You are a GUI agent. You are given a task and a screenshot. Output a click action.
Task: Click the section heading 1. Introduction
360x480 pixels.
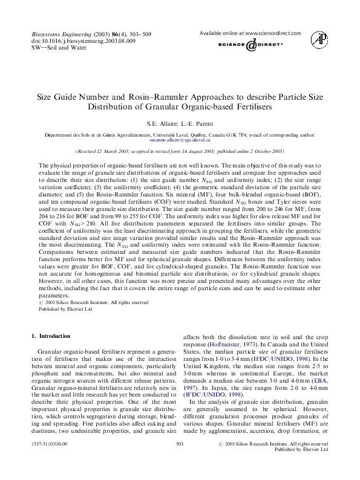(x=51, y=336)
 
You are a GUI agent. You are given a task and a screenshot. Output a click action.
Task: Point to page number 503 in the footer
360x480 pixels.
(x=179, y=461)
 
